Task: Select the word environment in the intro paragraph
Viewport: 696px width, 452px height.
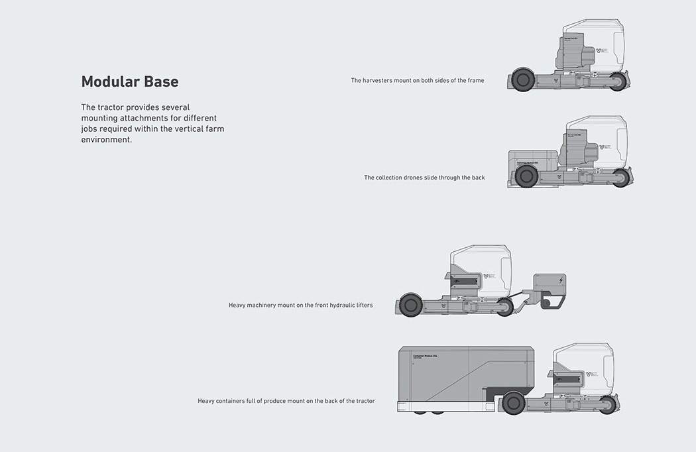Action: click(x=106, y=139)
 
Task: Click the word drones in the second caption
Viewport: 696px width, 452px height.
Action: click(x=426, y=178)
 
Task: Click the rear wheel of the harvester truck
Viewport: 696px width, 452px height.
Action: click(x=523, y=80)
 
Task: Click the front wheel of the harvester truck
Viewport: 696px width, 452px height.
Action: click(x=617, y=82)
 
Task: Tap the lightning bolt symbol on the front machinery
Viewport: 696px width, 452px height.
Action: click(x=561, y=281)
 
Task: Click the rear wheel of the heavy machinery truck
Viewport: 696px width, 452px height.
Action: click(x=411, y=306)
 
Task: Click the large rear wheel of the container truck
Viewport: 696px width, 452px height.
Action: click(x=513, y=402)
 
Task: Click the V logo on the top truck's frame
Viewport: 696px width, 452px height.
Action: click(x=555, y=80)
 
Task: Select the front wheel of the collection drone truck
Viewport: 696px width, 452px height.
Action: click(x=620, y=178)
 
